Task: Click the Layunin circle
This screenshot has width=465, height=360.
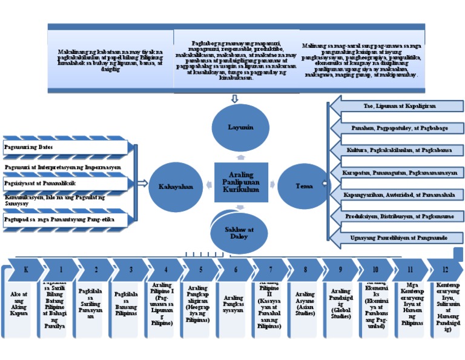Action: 240,128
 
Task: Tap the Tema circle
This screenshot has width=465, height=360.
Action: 304,186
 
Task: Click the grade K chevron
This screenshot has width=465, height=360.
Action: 25,268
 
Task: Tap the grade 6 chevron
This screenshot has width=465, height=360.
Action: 235,268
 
